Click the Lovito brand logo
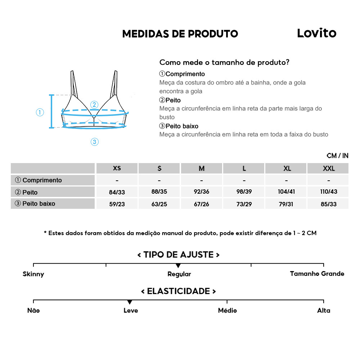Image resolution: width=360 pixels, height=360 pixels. [316, 33]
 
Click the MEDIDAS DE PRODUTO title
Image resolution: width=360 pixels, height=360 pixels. [180, 34]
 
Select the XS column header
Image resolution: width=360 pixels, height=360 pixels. [117, 168]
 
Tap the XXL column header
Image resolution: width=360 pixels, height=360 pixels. [329, 168]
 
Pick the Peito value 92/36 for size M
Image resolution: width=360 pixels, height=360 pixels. [202, 192]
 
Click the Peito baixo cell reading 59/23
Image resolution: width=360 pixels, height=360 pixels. [117, 204]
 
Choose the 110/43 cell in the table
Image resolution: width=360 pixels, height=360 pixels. [329, 192]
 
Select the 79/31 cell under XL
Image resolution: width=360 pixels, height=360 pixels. [286, 204]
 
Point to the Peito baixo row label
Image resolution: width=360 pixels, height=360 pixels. [35, 203]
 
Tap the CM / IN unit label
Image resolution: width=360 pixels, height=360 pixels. [337, 156]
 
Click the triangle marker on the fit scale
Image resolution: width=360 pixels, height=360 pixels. [178, 266]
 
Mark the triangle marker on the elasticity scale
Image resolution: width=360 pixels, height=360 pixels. [130, 302]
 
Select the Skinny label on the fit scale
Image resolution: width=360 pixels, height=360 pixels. [33, 274]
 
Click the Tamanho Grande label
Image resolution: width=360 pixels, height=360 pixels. [317, 274]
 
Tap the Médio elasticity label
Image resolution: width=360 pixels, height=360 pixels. [227, 310]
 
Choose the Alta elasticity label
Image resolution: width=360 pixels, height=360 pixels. [323, 310]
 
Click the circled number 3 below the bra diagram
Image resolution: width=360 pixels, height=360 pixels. [94, 142]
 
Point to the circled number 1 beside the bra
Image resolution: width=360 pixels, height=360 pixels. [40, 112]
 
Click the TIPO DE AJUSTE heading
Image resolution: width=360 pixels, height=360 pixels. [179, 255]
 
